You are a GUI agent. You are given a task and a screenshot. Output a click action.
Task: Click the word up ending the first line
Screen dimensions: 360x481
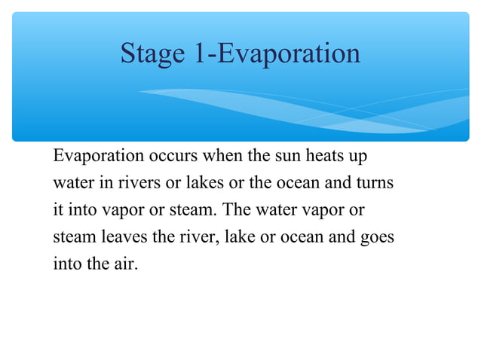(x=360, y=157)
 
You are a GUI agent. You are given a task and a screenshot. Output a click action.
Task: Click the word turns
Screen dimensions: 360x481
(x=375, y=183)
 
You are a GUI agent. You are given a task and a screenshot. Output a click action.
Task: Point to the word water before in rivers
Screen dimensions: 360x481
(x=73, y=183)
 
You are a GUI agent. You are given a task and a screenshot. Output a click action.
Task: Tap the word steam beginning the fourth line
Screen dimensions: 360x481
(x=72, y=237)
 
